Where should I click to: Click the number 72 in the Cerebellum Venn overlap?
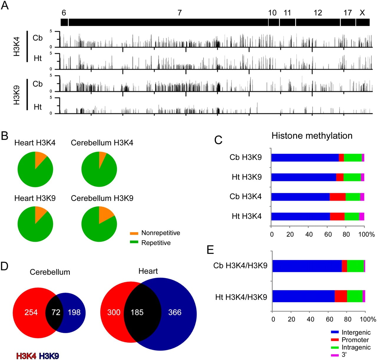(x=56, y=312)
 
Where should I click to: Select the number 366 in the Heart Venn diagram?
(x=175, y=312)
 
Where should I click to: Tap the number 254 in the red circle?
(x=31, y=312)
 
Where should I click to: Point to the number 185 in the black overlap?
(x=137, y=312)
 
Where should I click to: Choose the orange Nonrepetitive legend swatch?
(x=134, y=233)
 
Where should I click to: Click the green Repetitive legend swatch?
(x=134, y=242)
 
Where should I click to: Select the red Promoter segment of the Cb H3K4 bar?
(x=338, y=197)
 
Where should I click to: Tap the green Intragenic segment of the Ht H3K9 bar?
(x=352, y=177)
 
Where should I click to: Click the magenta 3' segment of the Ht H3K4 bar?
(x=361, y=217)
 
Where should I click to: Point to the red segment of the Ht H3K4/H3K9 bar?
(x=340, y=296)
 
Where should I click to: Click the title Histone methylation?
(x=312, y=136)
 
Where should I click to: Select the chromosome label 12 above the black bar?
(x=318, y=13)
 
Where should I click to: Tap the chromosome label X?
(x=362, y=13)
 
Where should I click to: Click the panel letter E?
(x=210, y=250)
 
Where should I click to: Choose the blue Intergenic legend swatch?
(x=335, y=332)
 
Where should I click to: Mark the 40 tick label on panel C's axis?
(x=309, y=235)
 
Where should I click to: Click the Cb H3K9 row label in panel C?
(x=245, y=157)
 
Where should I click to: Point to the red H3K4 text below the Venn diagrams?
(x=26, y=356)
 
